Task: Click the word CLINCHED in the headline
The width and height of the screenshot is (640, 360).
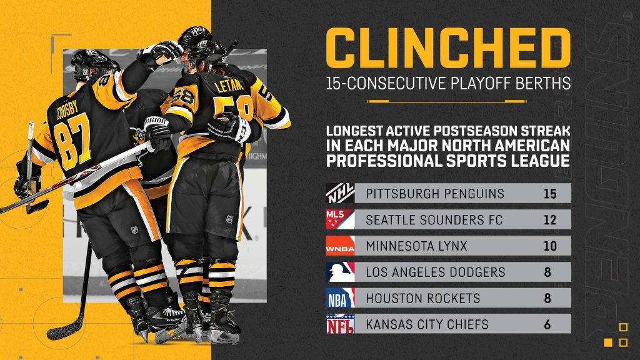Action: point(448,48)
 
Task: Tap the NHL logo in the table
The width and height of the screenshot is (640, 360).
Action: point(340,193)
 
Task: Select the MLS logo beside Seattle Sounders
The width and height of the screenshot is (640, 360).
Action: point(340,219)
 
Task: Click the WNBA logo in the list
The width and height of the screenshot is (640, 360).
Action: point(340,245)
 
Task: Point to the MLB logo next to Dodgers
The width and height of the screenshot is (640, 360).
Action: point(340,272)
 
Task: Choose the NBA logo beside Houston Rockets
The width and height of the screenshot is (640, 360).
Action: point(340,297)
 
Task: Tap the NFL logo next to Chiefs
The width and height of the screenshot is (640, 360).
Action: point(340,324)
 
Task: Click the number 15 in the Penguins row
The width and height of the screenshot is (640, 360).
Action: point(550,194)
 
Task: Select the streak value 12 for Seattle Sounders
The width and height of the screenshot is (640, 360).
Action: point(550,219)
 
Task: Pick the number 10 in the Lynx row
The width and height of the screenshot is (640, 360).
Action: point(550,246)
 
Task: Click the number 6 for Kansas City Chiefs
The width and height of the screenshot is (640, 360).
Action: point(547,324)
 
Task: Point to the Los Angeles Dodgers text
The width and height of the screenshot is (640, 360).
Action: point(436,272)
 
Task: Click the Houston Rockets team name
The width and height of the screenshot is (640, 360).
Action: point(423,298)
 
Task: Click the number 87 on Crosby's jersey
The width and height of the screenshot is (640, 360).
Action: point(72,141)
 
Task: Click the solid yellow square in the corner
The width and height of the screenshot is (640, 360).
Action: point(608,342)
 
